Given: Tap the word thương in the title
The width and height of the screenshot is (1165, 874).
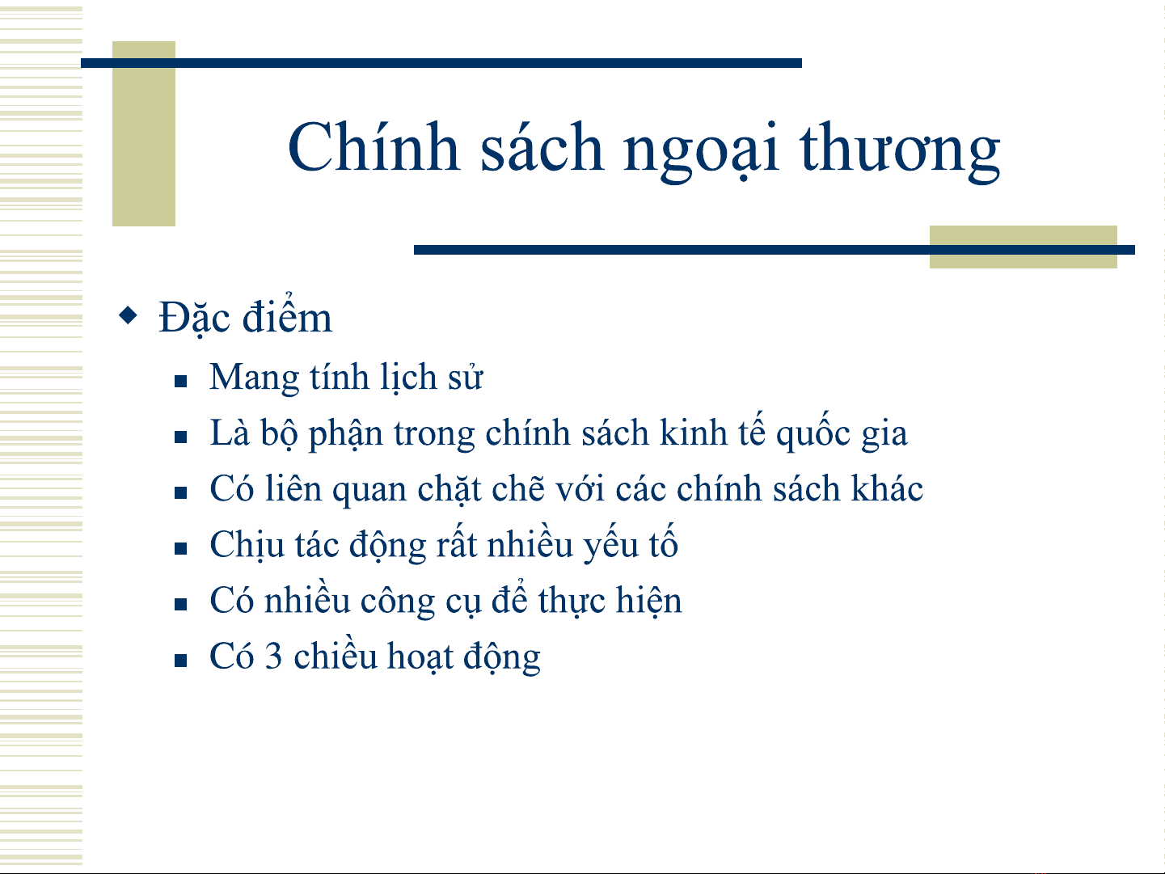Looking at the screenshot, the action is click(900, 151).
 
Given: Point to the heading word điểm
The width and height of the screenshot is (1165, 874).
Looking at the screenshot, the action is click(287, 315).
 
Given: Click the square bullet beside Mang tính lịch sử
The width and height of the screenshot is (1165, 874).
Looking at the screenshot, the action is click(180, 381).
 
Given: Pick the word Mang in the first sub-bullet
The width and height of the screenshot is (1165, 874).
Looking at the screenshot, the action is click(254, 378).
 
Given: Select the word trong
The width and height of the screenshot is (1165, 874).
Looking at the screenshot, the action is click(433, 435).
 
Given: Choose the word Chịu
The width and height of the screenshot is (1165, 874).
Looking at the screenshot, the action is click(247, 544).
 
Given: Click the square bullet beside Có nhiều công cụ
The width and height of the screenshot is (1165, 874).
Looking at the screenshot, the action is click(180, 605).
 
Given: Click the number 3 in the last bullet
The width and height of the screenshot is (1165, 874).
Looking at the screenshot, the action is click(272, 656).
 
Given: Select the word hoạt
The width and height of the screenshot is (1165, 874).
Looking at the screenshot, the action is click(420, 657).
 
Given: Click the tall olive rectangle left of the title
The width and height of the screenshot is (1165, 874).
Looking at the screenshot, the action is click(144, 133).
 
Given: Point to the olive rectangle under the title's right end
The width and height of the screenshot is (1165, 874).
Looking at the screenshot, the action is click(1023, 247).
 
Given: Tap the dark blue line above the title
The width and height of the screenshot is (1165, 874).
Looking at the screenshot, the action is click(441, 63).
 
